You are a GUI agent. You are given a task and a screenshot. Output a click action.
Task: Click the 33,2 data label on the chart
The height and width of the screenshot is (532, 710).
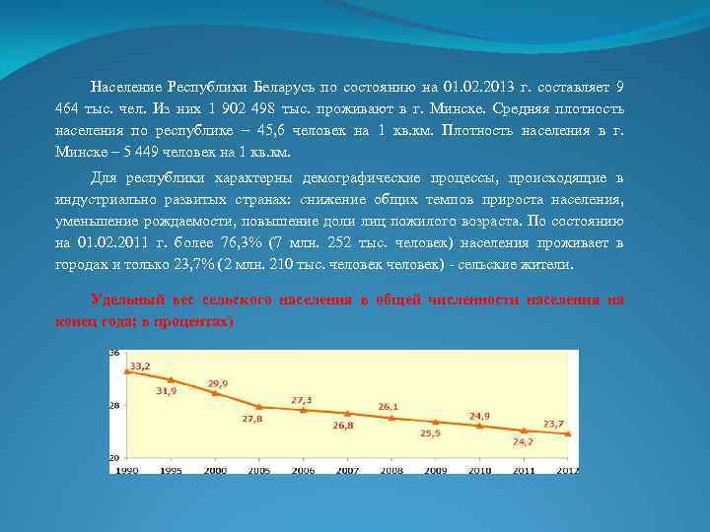point(139,366)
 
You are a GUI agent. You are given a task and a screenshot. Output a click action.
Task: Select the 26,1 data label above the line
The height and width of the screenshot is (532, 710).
point(388,406)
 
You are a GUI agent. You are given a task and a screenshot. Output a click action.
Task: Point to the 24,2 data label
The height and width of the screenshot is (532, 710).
point(523,441)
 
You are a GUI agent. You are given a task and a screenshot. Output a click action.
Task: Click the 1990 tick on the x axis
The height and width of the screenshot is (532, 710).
point(126,471)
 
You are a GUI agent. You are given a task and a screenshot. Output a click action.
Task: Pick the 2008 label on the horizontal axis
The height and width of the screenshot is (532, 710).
point(391,471)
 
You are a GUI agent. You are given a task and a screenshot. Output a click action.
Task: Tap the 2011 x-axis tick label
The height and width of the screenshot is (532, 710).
point(524,471)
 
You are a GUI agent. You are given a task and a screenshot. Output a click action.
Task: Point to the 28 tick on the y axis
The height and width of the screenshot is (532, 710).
point(114,405)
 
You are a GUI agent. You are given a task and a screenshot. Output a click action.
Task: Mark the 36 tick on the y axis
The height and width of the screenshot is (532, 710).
point(114,353)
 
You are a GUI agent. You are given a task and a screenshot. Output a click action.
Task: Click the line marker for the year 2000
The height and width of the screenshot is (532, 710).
point(215,392)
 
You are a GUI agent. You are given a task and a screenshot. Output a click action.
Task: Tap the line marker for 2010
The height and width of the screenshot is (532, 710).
point(480,426)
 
